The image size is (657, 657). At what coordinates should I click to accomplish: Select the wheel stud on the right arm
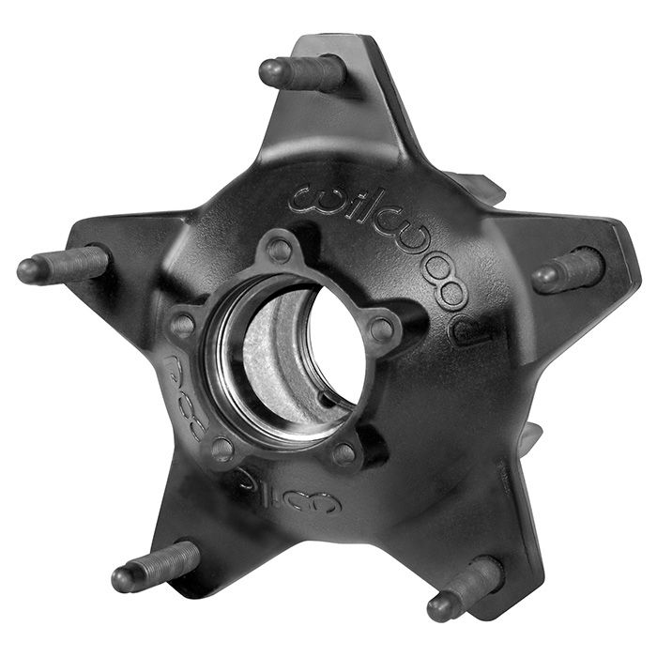coord(567,271)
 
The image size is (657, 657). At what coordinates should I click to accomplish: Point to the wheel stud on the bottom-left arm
coord(155,567)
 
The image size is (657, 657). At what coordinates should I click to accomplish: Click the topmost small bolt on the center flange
coord(279,250)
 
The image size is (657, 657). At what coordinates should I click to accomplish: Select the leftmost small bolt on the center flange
coord(184,326)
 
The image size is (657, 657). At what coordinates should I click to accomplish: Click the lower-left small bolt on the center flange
coord(222,448)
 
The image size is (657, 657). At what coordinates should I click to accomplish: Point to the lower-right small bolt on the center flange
coord(344,453)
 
